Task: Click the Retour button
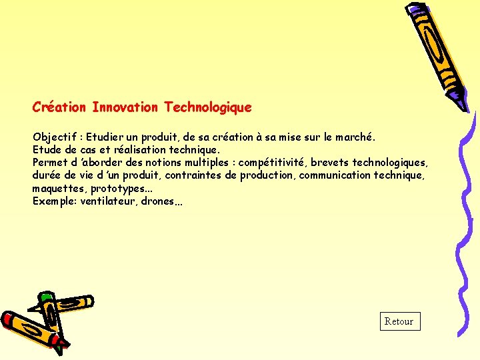coord(399,321)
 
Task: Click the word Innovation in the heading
coord(125,107)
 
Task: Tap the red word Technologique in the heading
coord(208,107)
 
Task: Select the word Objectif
coord(53,137)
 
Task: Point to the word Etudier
coord(107,137)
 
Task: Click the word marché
coord(353,137)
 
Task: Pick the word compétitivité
coord(272,163)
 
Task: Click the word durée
coord(45,175)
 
